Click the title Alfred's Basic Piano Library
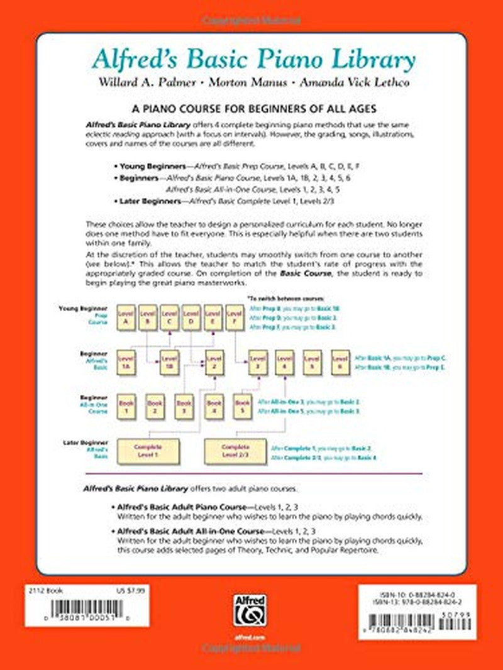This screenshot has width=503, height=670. [253, 60]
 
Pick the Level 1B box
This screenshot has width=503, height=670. [168, 363]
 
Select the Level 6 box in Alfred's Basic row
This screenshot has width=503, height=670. [340, 363]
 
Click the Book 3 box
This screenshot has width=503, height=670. [184, 407]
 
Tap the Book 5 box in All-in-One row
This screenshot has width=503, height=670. [242, 407]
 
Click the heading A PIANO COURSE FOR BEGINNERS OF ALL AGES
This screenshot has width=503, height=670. [251, 109]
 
